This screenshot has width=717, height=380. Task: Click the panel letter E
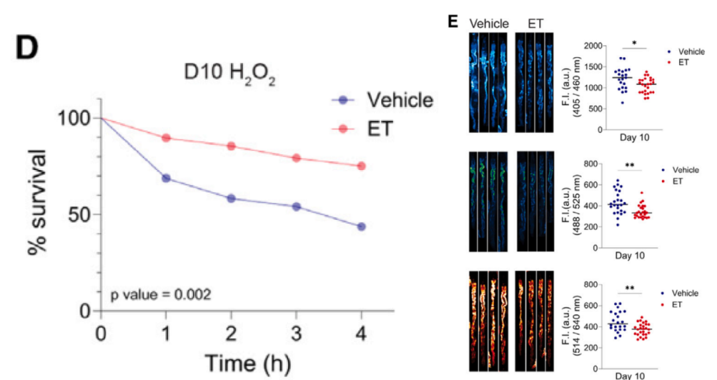(454, 21)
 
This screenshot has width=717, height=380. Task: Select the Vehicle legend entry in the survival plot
(383, 100)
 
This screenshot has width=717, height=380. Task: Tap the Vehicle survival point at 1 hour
(166, 178)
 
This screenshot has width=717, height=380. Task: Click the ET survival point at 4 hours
(361, 166)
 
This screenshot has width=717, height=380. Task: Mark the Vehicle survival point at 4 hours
(361, 227)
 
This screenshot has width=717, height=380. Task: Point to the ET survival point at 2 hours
(231, 146)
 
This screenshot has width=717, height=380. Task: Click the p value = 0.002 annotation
(161, 294)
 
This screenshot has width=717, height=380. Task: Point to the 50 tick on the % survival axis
(79, 215)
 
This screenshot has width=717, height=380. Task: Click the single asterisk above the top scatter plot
(634, 43)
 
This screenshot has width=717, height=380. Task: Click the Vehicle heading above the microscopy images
(489, 24)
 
